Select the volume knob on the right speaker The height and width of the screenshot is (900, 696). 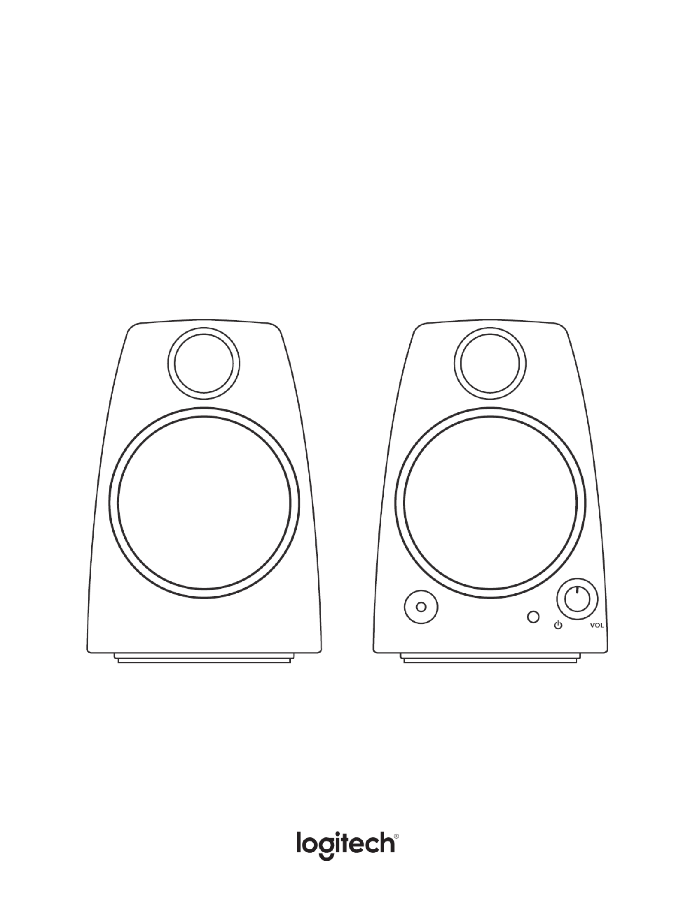tap(577, 599)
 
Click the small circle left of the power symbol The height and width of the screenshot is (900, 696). tap(533, 617)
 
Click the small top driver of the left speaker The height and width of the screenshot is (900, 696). tap(204, 364)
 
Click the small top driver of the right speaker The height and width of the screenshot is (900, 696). tap(490, 364)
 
